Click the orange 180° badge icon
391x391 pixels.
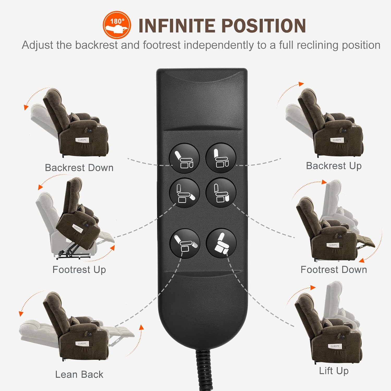pos(117,25)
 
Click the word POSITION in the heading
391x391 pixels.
pos(264,26)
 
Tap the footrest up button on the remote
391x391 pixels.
pos(184,193)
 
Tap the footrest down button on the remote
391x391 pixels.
pos(221,193)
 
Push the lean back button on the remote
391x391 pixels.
pos(185,243)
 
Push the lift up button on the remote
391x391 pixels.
pos(221,243)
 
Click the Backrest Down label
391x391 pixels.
pos(79,168)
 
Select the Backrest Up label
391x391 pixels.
pos(334,166)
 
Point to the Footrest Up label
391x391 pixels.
pos(79,270)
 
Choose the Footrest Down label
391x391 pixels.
pos(334,270)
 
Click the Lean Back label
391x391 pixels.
pos(79,375)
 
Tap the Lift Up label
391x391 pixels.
pos(334,371)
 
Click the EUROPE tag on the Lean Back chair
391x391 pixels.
pos(82,344)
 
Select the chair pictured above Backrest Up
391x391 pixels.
pos(325,123)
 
